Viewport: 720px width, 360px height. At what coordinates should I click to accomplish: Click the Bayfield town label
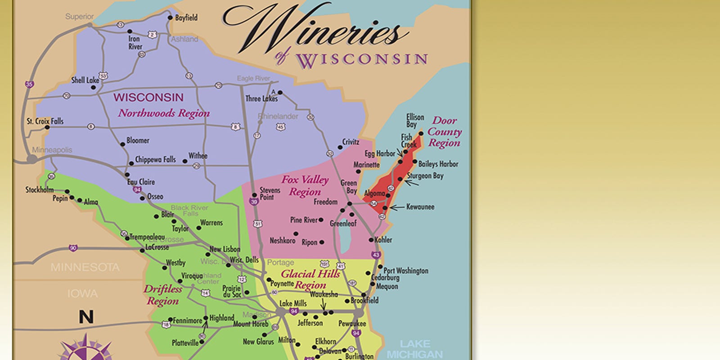(x=186, y=18)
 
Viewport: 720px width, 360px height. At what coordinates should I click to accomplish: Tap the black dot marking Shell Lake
(x=94, y=87)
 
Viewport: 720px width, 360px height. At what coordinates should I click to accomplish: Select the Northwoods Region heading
(x=164, y=113)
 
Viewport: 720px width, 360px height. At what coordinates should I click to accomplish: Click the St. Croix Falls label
(x=45, y=121)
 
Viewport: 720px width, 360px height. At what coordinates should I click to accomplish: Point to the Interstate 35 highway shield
(x=29, y=84)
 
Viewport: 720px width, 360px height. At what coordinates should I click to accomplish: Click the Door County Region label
(x=444, y=132)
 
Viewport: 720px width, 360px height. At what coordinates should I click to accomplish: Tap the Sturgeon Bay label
(x=425, y=176)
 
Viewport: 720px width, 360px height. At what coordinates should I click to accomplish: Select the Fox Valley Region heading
(x=305, y=185)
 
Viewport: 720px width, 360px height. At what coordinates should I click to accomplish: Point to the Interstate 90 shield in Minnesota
(x=73, y=248)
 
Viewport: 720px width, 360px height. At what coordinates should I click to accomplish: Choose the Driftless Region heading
(x=163, y=295)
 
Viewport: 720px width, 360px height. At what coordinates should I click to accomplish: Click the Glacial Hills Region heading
(x=310, y=279)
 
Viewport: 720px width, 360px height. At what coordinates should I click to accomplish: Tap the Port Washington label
(x=405, y=270)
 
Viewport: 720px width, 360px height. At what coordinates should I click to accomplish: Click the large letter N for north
(x=86, y=317)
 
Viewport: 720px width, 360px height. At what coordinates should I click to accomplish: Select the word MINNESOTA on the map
(x=85, y=267)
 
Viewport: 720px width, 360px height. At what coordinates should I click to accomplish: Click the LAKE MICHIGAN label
(x=414, y=349)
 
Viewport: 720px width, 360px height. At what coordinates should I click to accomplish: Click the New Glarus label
(x=258, y=342)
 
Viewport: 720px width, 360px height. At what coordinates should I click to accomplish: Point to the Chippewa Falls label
(x=155, y=160)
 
